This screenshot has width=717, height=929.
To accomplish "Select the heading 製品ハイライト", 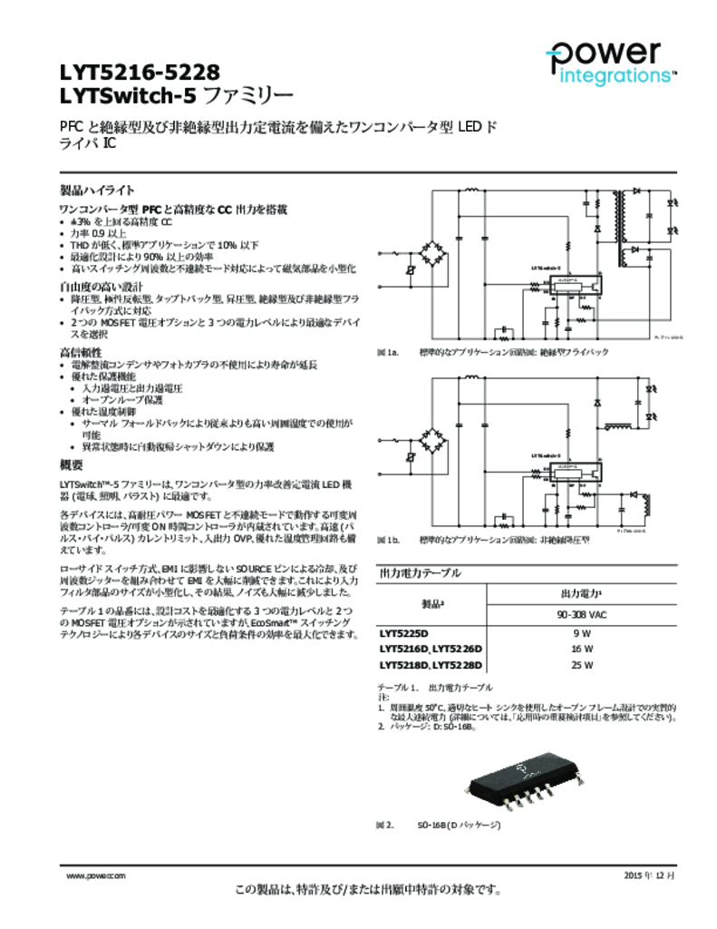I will [97, 191].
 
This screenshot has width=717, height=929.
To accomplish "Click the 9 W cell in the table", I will [582, 633].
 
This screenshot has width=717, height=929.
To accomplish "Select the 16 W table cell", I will [582, 650].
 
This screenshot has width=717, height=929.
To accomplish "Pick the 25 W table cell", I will [582, 666].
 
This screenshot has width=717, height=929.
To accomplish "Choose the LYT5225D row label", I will [404, 633].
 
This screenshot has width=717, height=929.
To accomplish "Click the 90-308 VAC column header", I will [582, 615].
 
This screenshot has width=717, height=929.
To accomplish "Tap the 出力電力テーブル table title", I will [419, 573].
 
